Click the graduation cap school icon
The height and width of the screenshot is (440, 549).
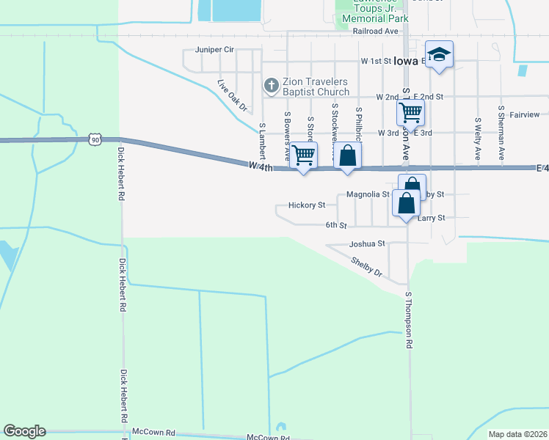(x=439, y=54)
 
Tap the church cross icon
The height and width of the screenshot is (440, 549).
(x=270, y=86)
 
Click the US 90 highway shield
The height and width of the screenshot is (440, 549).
(x=94, y=138)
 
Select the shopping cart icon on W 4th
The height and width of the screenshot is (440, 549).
(x=303, y=155)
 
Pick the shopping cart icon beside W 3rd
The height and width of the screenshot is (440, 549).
(x=410, y=112)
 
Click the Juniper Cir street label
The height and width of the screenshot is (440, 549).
(x=214, y=50)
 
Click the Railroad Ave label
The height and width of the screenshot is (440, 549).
(x=375, y=32)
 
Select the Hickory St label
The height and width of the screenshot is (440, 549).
(x=307, y=205)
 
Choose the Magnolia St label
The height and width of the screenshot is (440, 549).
(x=368, y=194)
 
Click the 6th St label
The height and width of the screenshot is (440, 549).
(x=335, y=225)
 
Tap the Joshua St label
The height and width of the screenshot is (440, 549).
(x=367, y=243)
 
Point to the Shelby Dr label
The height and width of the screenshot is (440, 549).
(x=367, y=265)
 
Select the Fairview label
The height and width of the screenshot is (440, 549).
(x=524, y=114)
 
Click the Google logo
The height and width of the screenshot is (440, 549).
(x=24, y=431)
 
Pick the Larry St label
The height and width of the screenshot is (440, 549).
(x=432, y=218)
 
